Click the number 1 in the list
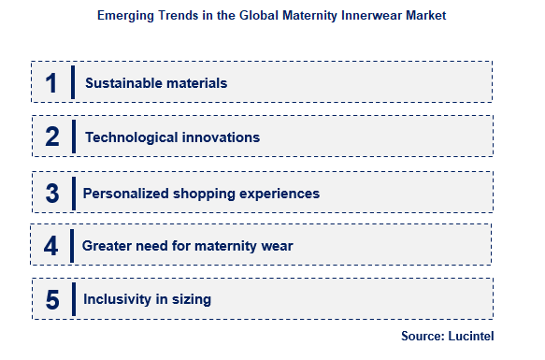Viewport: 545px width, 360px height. [51, 82]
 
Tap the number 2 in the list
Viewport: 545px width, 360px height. [52, 137]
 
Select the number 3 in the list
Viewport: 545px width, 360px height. [52, 193]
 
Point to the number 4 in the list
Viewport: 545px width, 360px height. [51, 246]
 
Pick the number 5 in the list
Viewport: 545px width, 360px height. [52, 300]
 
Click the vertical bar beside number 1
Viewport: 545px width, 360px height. [72, 82]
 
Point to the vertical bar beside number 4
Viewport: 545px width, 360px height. [72, 246]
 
